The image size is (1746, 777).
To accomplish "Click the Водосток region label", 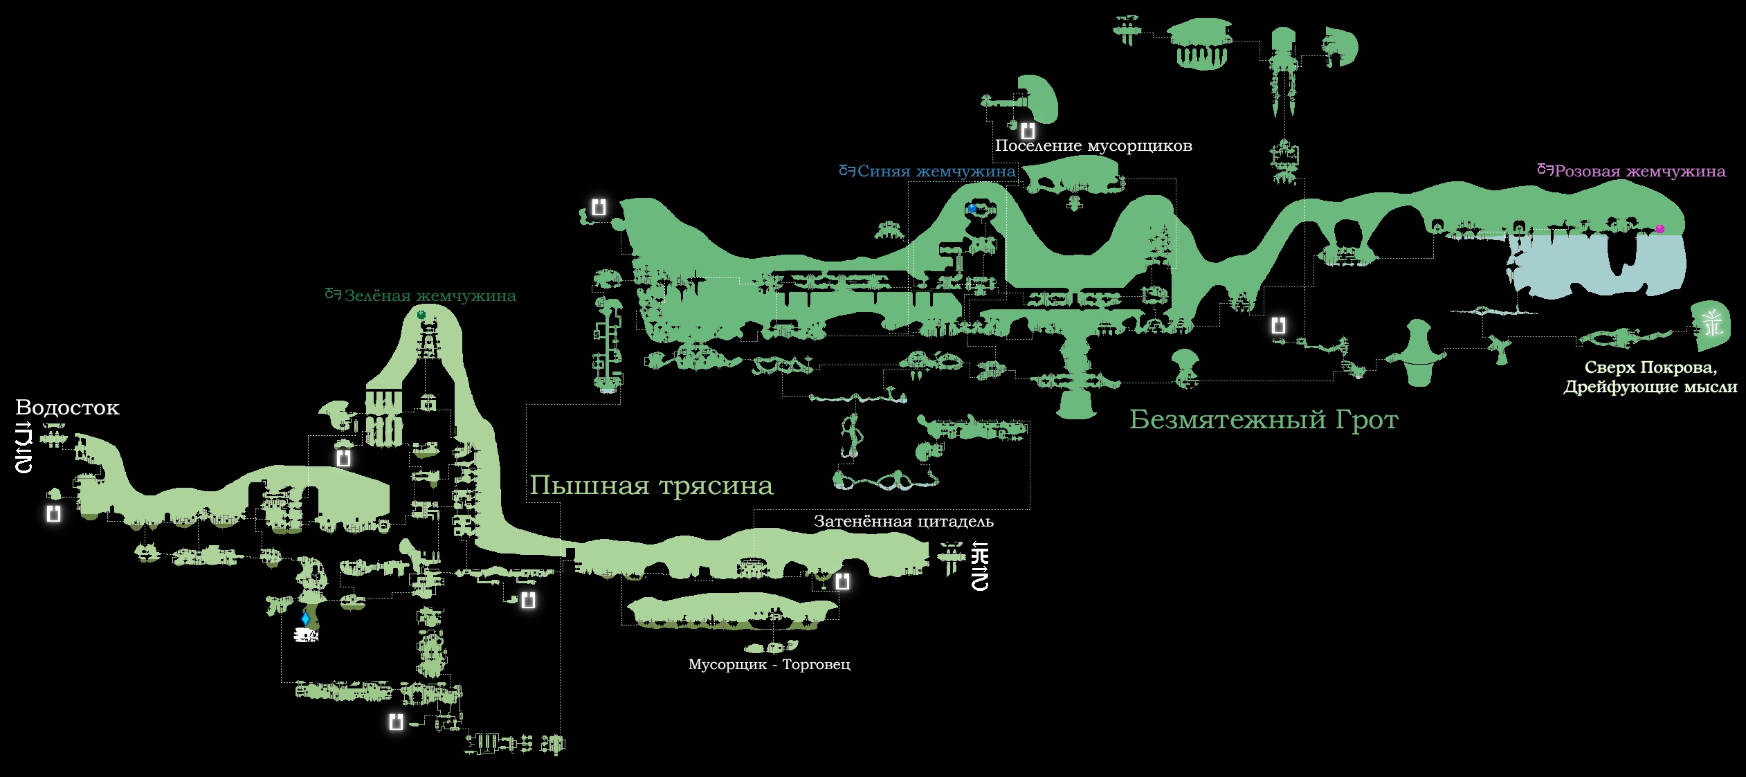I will (x=67, y=408).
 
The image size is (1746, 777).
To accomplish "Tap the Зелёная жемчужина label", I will (x=430, y=296).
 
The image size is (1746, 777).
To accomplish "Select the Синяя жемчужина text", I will (x=936, y=172).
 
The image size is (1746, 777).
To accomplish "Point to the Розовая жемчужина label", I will (x=1639, y=172).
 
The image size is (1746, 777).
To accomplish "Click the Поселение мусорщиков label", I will (x=1093, y=146).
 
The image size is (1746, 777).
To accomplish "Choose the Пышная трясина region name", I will (x=651, y=486).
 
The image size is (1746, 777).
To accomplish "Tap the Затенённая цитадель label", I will (x=903, y=522).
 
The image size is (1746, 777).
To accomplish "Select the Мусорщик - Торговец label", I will (x=769, y=664).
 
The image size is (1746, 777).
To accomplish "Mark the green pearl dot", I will (x=421, y=315).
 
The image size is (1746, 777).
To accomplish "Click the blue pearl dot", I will (x=972, y=208).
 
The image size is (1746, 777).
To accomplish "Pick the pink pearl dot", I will (x=1659, y=229).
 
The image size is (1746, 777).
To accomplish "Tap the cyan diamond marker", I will (x=305, y=618).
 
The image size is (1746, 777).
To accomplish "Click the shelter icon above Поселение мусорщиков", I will (x=1028, y=130).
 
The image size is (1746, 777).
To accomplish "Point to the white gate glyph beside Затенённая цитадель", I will (x=980, y=567).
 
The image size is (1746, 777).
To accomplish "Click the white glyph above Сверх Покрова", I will (x=1713, y=323).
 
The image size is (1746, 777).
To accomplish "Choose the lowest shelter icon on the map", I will (x=396, y=722).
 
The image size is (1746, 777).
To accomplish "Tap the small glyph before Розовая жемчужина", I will (x=1545, y=170).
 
